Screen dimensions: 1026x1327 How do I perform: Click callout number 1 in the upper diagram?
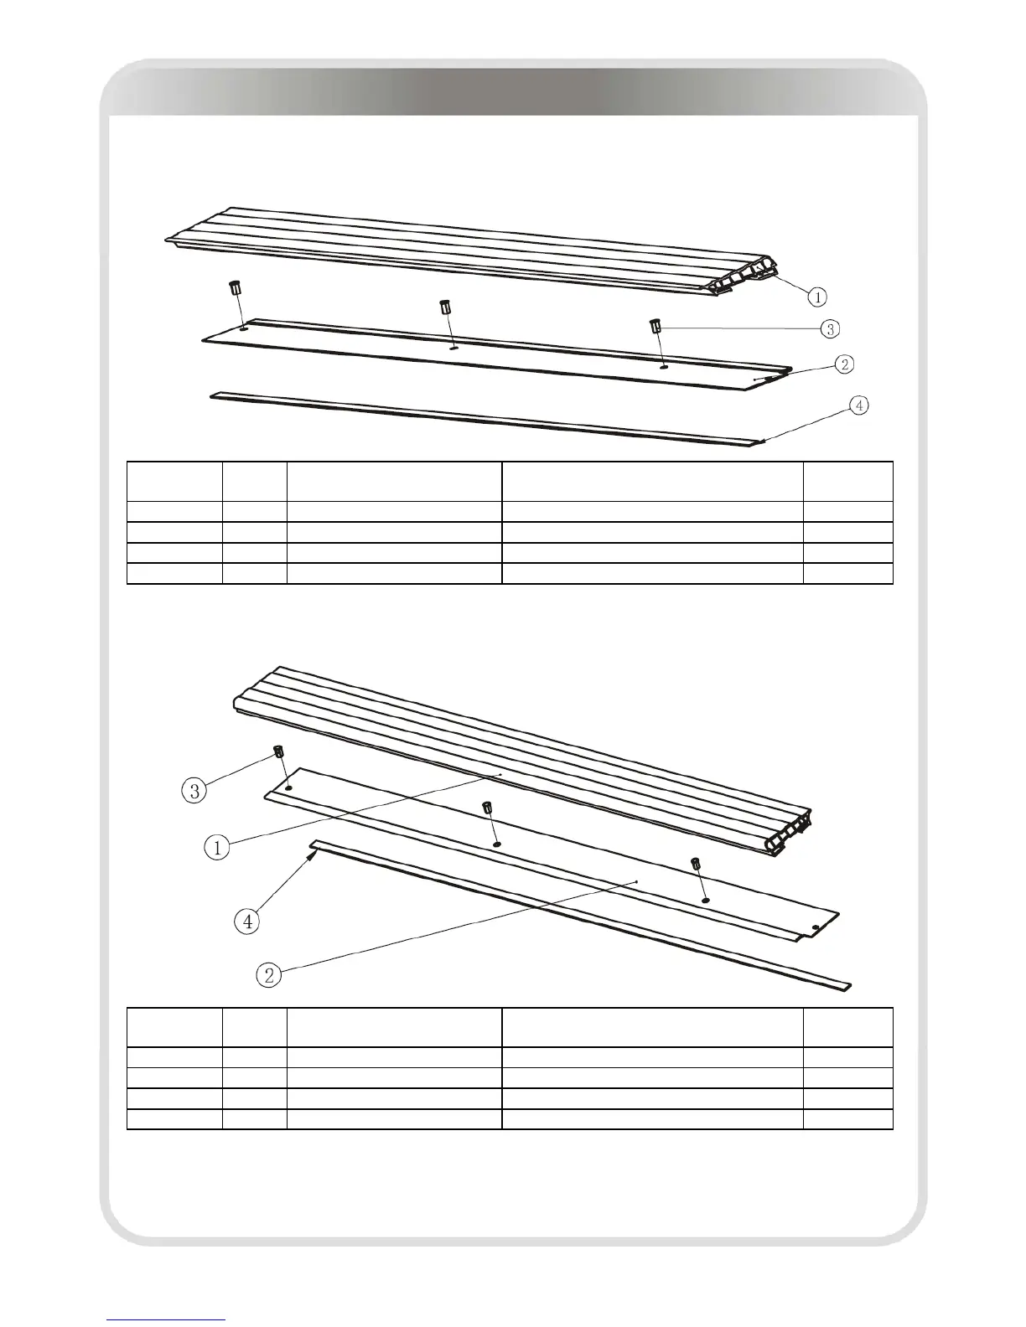click(817, 296)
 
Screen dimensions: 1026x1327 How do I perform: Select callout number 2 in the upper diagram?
click(845, 364)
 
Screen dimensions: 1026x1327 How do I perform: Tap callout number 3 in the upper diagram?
click(829, 328)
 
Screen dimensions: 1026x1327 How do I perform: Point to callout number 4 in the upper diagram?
click(858, 405)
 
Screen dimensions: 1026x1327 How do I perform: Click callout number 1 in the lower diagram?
click(217, 847)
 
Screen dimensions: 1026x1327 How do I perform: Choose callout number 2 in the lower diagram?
click(269, 974)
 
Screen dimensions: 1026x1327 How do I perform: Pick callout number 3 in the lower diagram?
click(194, 791)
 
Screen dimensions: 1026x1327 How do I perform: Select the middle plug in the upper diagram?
click(445, 306)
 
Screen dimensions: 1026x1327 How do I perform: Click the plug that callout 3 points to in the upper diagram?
click(655, 324)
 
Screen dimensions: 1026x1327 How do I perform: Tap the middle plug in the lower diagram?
click(486, 808)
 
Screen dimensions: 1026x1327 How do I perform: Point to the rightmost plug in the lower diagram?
click(695, 863)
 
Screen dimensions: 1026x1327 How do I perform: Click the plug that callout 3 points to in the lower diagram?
click(276, 750)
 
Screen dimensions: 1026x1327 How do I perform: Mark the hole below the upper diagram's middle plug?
click(453, 347)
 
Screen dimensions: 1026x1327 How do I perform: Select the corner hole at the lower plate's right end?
click(816, 927)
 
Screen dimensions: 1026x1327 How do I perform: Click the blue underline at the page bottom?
click(167, 1319)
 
